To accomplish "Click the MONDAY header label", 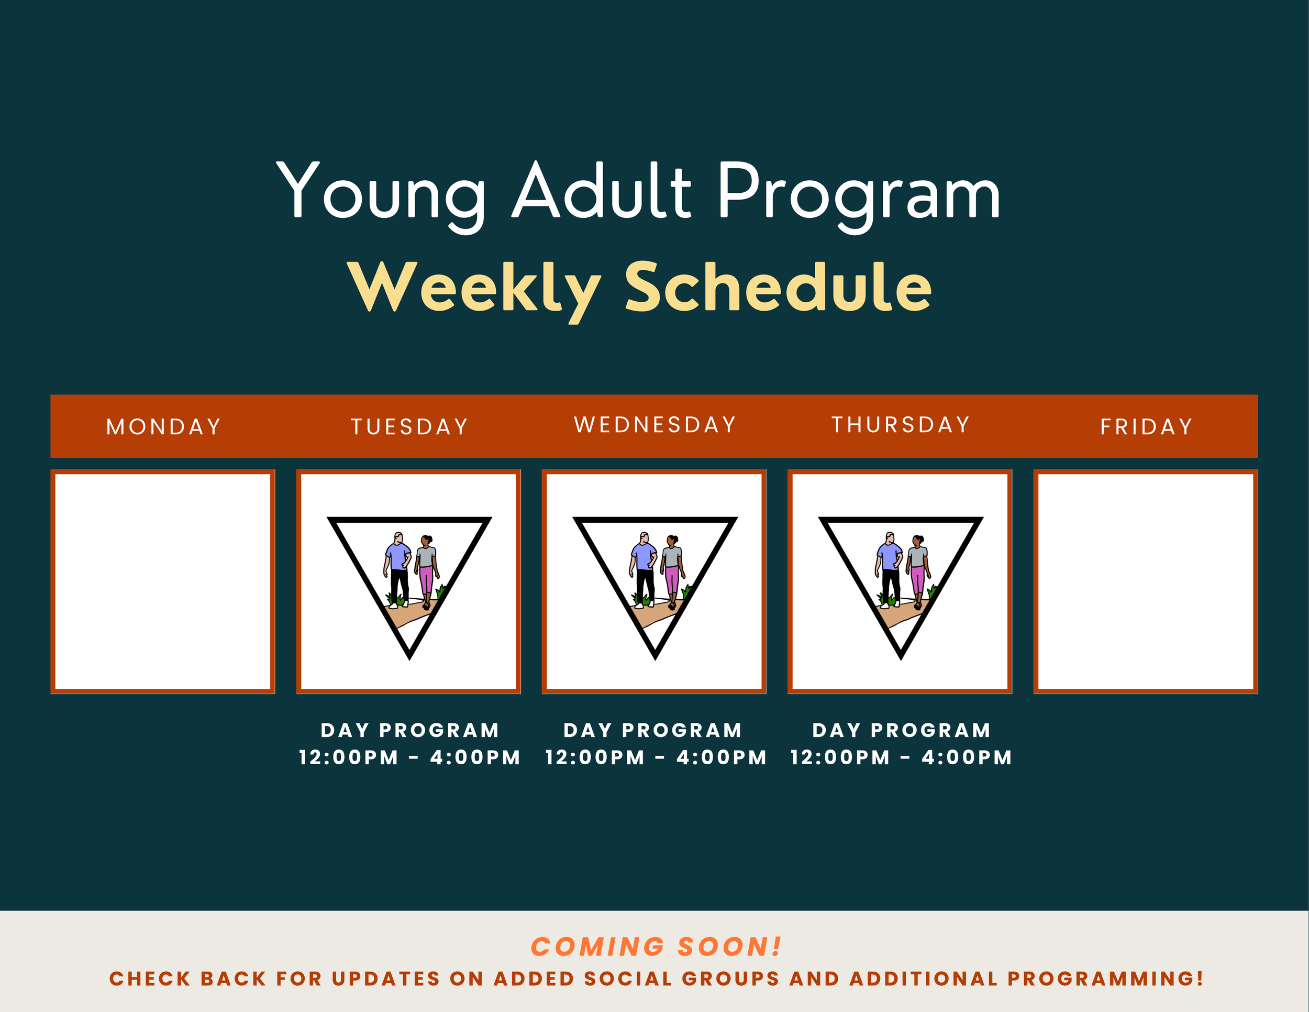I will point(163,427).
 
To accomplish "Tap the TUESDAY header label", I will point(409,427).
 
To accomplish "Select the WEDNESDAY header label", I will point(655,424).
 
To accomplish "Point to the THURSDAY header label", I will point(900,424).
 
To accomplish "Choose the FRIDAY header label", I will point(1146,427).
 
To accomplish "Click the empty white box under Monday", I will point(163,581).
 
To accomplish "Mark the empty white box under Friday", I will point(1146,581).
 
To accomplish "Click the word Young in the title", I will point(381,192).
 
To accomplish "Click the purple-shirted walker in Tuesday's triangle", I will point(397,567).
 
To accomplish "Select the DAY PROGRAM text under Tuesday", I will point(410,730).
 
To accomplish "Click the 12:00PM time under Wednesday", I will point(595,758).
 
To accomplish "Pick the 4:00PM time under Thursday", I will point(966,758).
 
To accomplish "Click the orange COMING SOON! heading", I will point(656,947).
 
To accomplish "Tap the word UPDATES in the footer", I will point(386,979).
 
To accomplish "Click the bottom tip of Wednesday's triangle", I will point(655,656).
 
